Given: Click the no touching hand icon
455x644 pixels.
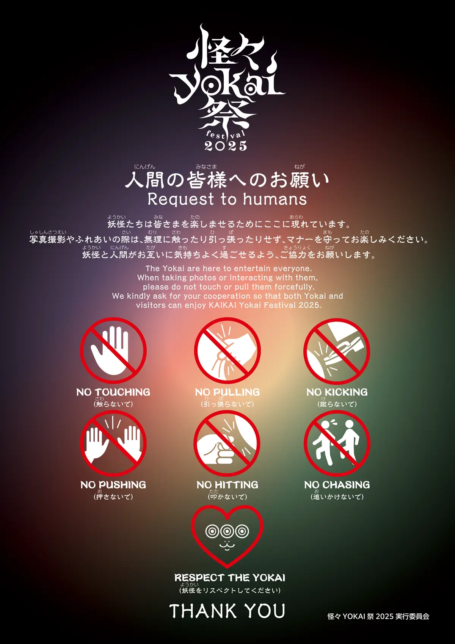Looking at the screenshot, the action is point(113,351).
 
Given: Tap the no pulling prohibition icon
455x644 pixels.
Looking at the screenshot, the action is point(227,351).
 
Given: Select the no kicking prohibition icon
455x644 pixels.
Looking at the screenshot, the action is point(337,351).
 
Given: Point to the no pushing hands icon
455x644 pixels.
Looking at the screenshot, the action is point(113,443).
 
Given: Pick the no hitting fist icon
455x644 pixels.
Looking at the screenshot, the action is point(227,443).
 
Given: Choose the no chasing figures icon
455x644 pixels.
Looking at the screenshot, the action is point(337,443).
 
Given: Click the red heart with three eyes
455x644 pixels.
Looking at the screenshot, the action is point(227,536).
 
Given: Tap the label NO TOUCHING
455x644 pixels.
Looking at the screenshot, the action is point(113,392).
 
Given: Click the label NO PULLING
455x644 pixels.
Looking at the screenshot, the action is point(227,392).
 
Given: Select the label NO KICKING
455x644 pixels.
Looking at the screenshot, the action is point(337,392).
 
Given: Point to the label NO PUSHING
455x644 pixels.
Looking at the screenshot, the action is point(113,485).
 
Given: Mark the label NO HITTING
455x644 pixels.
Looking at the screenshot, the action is point(227,485).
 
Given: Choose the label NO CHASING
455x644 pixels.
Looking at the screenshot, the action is point(337,485).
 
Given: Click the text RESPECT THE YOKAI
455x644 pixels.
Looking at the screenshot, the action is point(229,578).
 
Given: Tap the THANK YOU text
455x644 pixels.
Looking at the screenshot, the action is point(227,611).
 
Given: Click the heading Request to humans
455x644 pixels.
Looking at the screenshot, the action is point(227,199).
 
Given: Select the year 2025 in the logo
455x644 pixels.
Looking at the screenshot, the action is point(226,146).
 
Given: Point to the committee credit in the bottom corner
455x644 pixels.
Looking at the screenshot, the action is point(378,616).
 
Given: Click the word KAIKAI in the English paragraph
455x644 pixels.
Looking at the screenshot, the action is point(220,306).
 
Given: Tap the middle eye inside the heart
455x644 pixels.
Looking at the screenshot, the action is point(227,531).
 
